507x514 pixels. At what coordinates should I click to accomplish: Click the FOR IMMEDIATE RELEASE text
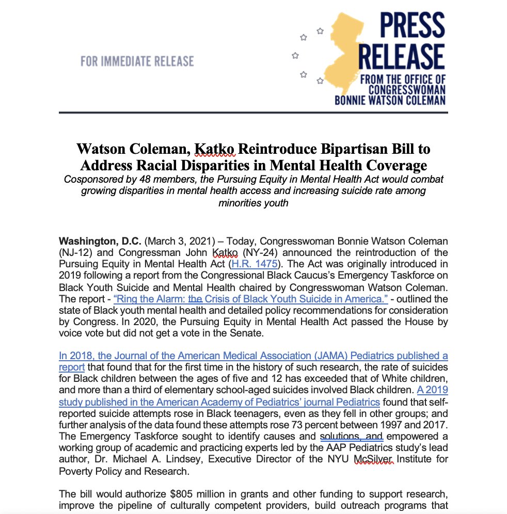pos(137,62)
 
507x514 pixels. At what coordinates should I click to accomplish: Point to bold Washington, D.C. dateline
pos(100,241)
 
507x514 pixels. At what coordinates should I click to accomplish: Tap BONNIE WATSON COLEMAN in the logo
pos(390,100)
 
